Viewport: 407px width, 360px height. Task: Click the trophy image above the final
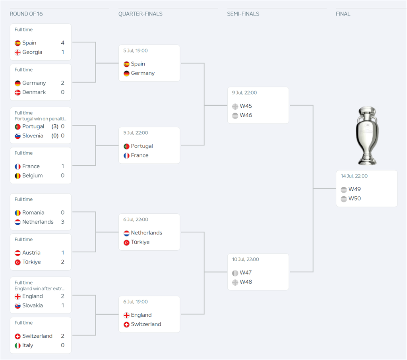(366, 135)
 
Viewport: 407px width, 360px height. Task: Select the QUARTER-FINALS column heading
(140, 14)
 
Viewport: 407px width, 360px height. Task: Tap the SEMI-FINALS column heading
(243, 14)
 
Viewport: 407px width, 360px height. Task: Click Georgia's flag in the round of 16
(17, 52)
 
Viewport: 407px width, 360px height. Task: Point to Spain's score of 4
(62, 43)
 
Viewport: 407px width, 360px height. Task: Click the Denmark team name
(34, 92)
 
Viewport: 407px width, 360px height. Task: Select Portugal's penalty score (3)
(55, 126)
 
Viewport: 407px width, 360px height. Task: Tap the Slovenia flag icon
(17, 136)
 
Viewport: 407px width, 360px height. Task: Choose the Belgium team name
(32, 176)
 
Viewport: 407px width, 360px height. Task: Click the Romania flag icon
(17, 213)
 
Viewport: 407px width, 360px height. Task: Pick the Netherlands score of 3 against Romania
(62, 222)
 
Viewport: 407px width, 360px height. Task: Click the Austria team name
(31, 253)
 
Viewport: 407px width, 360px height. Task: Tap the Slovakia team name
(32, 306)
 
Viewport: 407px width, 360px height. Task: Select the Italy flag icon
(17, 346)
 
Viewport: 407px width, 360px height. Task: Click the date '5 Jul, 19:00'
(135, 51)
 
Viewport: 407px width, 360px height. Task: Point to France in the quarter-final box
(140, 155)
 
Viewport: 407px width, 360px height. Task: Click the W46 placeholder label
(246, 115)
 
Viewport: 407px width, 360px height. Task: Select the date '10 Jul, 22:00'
(245, 259)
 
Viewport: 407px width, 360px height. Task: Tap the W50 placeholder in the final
(355, 199)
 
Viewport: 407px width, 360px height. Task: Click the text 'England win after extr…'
(39, 289)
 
